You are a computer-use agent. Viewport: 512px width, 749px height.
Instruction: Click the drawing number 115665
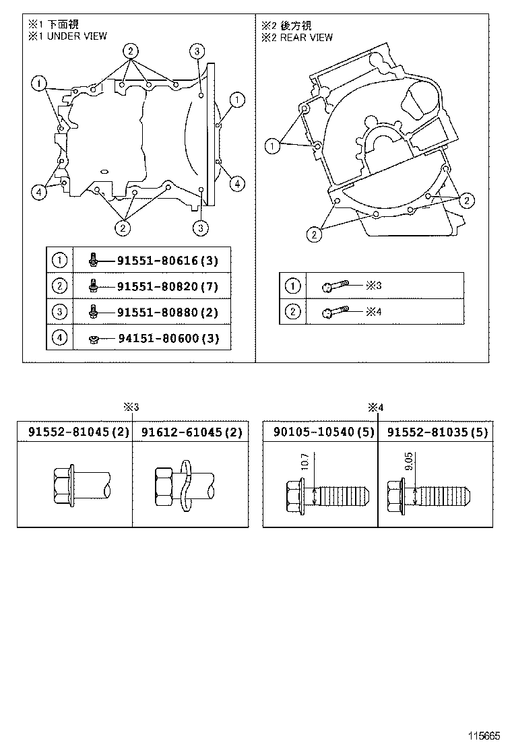point(485,734)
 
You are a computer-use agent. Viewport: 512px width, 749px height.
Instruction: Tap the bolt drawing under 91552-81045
point(78,486)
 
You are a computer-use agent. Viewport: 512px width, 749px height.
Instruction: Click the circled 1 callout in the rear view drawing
point(272,145)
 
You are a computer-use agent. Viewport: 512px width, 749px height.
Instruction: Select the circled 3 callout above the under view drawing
point(196,51)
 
